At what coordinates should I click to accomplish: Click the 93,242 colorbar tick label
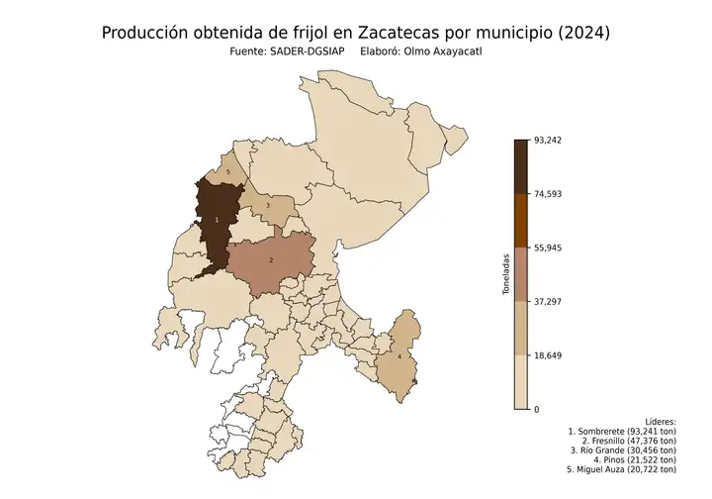[x=548, y=140]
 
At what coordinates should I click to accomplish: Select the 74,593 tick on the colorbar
[x=548, y=194]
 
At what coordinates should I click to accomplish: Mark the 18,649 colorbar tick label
[x=548, y=354]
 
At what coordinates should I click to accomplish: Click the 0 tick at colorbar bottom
[x=537, y=409]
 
